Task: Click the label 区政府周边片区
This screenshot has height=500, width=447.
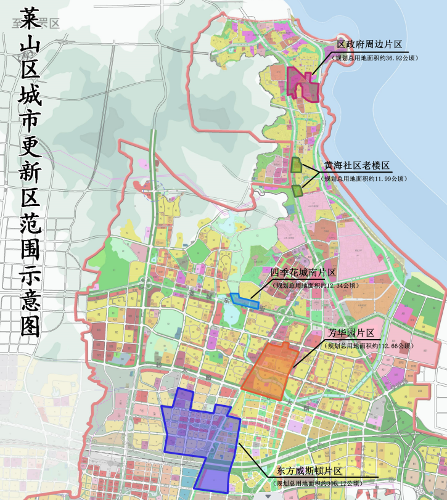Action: click(x=369, y=45)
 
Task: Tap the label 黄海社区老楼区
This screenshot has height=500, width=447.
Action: click(x=357, y=166)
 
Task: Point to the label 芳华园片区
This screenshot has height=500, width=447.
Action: click(x=351, y=333)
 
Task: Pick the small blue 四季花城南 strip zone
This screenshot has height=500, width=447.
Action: click(x=245, y=301)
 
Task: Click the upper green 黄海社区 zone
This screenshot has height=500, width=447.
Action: click(x=297, y=165)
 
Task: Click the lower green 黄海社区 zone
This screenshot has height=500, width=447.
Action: click(x=297, y=190)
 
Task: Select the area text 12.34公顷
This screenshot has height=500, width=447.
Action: click(x=337, y=285)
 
